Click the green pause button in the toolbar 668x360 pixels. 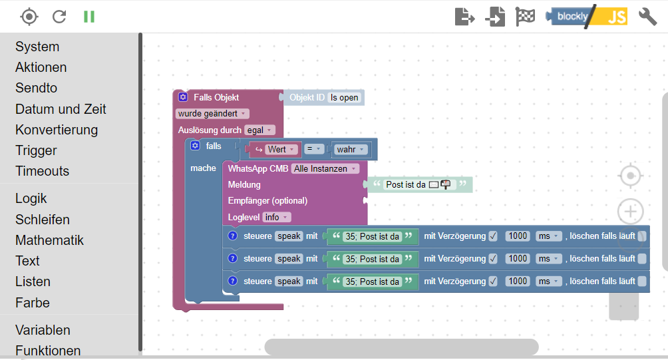point(89,17)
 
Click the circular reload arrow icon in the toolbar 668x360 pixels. point(59,17)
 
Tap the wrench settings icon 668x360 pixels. point(647,17)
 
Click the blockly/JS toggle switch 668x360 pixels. point(586,17)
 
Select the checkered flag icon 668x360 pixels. point(525,17)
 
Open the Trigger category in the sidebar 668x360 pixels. point(36,150)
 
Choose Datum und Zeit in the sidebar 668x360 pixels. point(61,109)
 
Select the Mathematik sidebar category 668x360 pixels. point(49,240)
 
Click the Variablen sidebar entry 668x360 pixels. point(43,330)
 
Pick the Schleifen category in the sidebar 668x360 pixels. point(43,220)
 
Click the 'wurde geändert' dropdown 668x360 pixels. point(212,114)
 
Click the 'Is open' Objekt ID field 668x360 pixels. point(345,98)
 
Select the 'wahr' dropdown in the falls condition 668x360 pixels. point(351,150)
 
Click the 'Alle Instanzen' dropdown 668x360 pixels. point(325,169)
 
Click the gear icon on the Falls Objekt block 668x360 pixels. point(183,98)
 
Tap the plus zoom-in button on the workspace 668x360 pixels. point(630,212)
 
